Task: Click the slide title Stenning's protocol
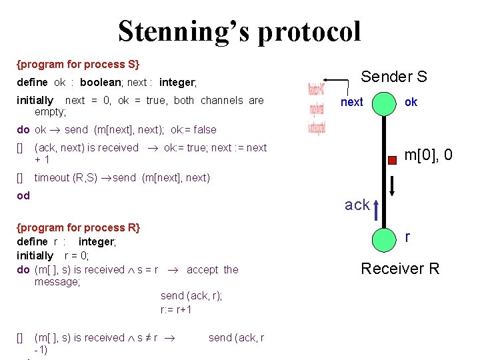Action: pyautogui.click(x=239, y=31)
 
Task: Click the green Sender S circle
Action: pyautogui.click(x=383, y=103)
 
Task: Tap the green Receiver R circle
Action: pyautogui.click(x=383, y=238)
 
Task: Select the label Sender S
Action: pyautogui.click(x=393, y=77)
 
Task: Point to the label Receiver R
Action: pyautogui.click(x=400, y=269)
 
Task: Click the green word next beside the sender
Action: pyautogui.click(x=351, y=102)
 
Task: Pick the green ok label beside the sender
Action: pyautogui.click(x=411, y=102)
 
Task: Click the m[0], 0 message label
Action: pyautogui.click(x=428, y=155)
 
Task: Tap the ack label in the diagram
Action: pyautogui.click(x=357, y=205)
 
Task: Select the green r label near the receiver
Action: pyautogui.click(x=407, y=236)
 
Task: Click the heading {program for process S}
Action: pyautogui.click(x=78, y=65)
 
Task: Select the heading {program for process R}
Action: pyautogui.click(x=79, y=228)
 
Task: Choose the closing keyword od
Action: pyautogui.click(x=23, y=196)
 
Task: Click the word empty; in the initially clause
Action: pyautogui.click(x=50, y=112)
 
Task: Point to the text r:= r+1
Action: pyautogui.click(x=176, y=309)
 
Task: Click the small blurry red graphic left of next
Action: pyautogui.click(x=316, y=108)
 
